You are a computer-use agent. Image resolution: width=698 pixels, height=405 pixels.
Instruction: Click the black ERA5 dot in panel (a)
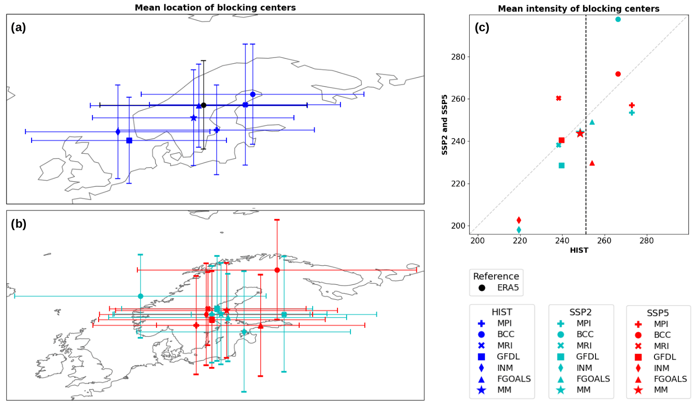point(203,105)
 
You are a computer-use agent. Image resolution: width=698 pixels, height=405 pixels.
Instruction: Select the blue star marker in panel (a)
point(193,118)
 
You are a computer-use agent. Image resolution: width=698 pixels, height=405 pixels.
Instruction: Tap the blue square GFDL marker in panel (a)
point(129,140)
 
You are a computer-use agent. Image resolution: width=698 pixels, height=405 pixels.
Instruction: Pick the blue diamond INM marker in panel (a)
point(118,132)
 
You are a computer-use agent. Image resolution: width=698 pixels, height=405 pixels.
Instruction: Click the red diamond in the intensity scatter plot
point(519,220)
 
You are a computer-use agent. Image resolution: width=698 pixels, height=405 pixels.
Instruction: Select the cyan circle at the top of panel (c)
point(618,20)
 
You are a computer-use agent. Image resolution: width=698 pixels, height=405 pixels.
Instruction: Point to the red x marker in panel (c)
point(559,98)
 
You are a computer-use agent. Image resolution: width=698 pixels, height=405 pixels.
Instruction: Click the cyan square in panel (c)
point(562,165)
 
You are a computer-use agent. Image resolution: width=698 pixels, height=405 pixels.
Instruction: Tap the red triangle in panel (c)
point(592,163)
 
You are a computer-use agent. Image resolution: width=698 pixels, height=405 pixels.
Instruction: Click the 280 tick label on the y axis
point(458,57)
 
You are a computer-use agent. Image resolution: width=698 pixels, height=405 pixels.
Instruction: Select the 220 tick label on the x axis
point(520,241)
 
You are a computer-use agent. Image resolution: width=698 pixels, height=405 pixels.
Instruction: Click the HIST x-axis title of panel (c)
point(579,250)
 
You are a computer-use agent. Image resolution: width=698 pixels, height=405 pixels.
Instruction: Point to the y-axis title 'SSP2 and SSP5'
point(445,125)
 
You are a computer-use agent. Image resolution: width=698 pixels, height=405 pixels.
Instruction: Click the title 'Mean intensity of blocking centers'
point(578,9)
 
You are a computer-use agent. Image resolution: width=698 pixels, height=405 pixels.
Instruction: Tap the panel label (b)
point(19,224)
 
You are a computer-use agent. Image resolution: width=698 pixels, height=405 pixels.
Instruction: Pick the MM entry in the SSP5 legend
point(661,390)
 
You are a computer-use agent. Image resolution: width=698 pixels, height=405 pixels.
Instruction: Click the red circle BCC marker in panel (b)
point(277,270)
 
